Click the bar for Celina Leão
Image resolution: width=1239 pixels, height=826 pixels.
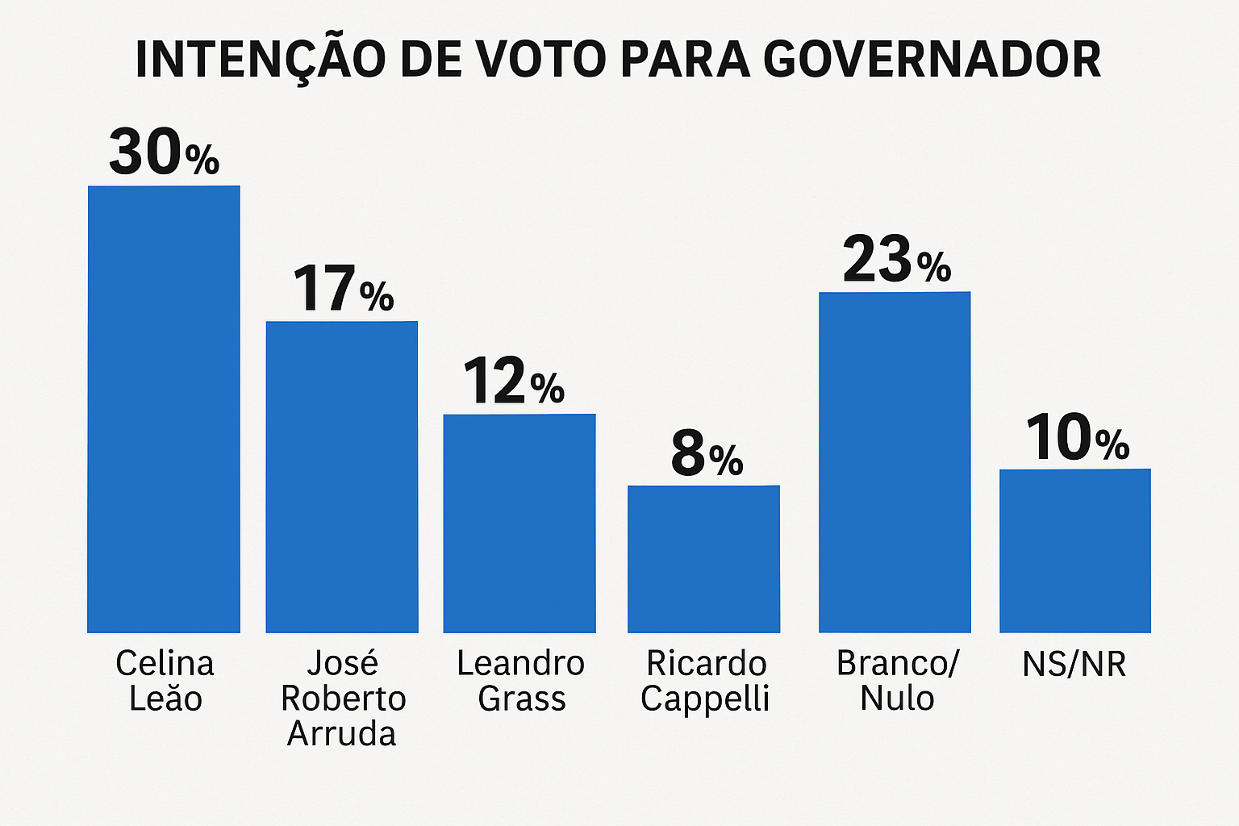tap(164, 409)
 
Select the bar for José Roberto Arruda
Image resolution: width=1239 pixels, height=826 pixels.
tap(342, 477)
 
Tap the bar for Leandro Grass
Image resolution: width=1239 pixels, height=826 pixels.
tap(519, 523)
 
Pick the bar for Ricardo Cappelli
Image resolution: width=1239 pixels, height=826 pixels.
tap(703, 558)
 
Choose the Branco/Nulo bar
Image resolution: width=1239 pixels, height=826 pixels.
tap(895, 461)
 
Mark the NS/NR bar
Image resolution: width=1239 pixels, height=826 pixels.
tap(1074, 550)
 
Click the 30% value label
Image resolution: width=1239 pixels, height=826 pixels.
tap(164, 152)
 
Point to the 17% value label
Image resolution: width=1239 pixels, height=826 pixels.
tap(343, 289)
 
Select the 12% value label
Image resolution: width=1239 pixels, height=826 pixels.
tap(513, 382)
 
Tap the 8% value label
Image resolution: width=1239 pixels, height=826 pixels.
tap(707, 454)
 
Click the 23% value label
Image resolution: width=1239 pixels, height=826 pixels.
tap(896, 261)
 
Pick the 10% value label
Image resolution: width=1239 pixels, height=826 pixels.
tap(1077, 438)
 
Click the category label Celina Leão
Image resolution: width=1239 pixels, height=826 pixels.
tap(165, 681)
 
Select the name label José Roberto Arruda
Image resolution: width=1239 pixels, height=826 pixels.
tap(343, 699)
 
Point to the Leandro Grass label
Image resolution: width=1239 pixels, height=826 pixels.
tap(521, 681)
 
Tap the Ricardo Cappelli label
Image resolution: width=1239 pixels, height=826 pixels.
tap(706, 681)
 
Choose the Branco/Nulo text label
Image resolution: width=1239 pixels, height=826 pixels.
tap(898, 681)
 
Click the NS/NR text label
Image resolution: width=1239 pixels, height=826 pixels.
tap(1074, 665)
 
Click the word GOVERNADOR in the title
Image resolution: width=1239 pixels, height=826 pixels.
tap(932, 60)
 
